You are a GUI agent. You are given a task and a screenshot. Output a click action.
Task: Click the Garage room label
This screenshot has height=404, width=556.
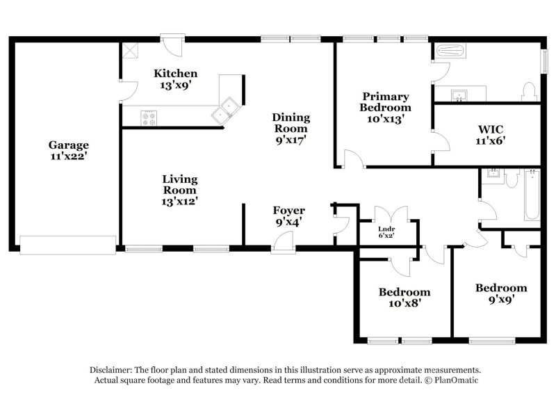[x=68, y=151]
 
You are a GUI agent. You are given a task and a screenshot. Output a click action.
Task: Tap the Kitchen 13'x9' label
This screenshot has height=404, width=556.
[x=176, y=79]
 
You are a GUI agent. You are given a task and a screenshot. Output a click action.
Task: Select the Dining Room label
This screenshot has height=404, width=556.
[x=291, y=128]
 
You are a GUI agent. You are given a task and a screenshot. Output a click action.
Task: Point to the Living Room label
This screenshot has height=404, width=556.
[x=179, y=190]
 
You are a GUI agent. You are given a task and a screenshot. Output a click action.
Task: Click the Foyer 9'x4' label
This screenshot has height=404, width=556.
[x=288, y=216]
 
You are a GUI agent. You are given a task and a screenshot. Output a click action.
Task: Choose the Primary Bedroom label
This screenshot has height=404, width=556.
[x=384, y=107]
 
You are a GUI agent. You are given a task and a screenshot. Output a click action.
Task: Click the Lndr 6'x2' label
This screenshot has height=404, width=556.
[x=386, y=232]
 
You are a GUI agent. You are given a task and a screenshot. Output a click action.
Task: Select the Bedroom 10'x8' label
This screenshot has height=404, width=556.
[x=404, y=297]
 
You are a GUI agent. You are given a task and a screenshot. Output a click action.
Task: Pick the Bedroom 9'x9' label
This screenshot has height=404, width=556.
[x=500, y=293]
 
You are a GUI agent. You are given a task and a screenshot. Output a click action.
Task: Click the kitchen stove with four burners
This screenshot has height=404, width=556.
[x=149, y=118]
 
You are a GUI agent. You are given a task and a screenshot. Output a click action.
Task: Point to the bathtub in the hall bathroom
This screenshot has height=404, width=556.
[x=531, y=197]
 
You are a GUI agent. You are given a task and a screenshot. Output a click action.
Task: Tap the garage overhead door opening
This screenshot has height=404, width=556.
[x=67, y=245]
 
